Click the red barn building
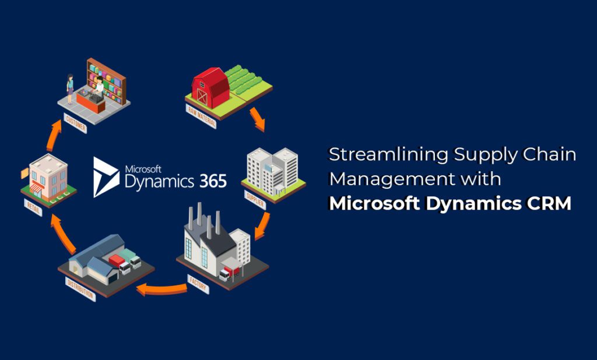(x=209, y=87)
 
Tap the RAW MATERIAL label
(x=201, y=117)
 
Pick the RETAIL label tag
(x=33, y=207)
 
